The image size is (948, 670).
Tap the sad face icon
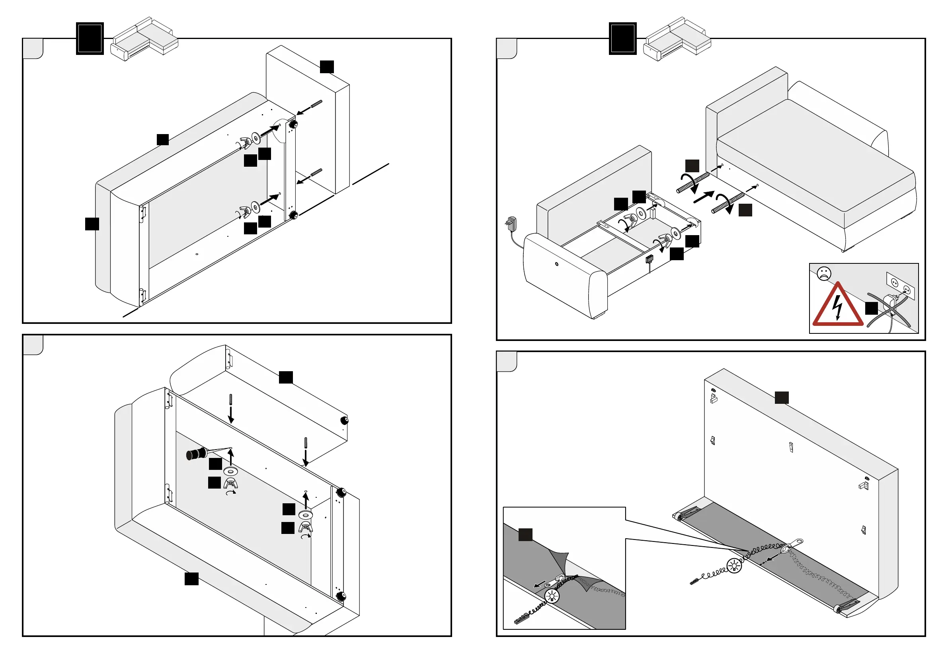(824, 273)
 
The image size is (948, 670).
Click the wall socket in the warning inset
(900, 286)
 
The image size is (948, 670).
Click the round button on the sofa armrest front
(557, 264)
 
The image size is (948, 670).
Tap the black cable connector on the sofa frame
(650, 259)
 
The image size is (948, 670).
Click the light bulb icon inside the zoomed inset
(552, 596)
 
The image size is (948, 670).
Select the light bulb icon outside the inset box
(734, 565)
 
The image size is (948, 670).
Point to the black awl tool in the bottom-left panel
(197, 454)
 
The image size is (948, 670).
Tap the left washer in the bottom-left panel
(230, 471)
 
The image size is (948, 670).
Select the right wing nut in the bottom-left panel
(306, 527)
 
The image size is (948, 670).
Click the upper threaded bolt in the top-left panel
(316, 104)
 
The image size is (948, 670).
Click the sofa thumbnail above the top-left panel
(144, 39)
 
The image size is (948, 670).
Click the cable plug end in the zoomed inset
(522, 618)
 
